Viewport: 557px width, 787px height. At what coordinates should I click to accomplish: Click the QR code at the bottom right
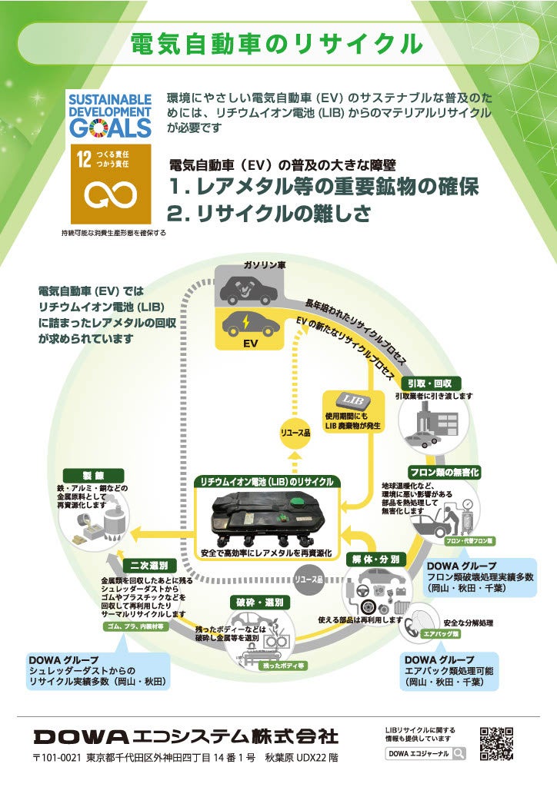(x=496, y=742)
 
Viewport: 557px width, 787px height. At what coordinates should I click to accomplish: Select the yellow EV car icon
(x=250, y=327)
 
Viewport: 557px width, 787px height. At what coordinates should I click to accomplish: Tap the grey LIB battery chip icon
(x=352, y=400)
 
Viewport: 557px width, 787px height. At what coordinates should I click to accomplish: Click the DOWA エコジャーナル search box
(x=425, y=753)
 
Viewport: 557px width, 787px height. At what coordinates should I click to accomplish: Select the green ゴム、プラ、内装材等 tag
(x=134, y=626)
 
